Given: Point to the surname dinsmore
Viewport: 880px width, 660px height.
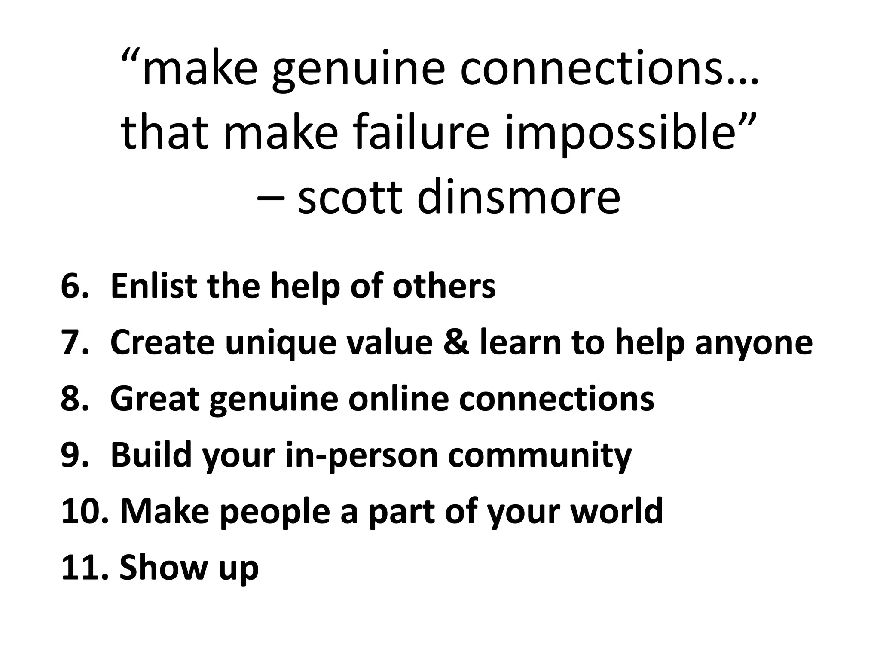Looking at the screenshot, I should [x=519, y=197].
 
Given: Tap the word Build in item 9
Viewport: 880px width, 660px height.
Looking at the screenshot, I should [x=151, y=455].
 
